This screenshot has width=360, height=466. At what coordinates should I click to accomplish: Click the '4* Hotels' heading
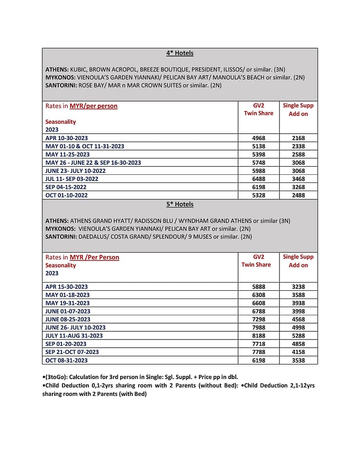pos(180,53)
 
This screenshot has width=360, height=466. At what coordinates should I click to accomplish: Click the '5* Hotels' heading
pos(180,204)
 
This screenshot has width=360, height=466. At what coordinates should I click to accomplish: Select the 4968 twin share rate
pos(259,138)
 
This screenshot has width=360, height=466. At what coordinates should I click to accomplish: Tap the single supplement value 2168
pos(298,138)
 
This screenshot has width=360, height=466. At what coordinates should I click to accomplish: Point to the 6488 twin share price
pos(259,179)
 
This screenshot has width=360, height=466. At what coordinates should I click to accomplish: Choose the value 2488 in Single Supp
pos(298,195)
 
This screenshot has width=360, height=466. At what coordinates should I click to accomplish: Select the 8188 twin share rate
pos(259,336)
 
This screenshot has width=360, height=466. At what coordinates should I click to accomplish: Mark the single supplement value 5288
pos(298,336)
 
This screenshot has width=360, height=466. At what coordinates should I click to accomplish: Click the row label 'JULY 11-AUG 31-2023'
pos(74,336)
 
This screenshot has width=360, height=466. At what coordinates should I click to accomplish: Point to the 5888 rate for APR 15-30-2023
pos(259,287)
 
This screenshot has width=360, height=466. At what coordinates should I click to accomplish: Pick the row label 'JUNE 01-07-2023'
pos(68,311)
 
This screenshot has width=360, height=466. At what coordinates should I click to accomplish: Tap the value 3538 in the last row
pos(298,360)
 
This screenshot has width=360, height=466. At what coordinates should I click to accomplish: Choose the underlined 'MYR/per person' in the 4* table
pos(93,106)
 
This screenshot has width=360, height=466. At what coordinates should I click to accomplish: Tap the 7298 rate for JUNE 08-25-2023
pos(259,319)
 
